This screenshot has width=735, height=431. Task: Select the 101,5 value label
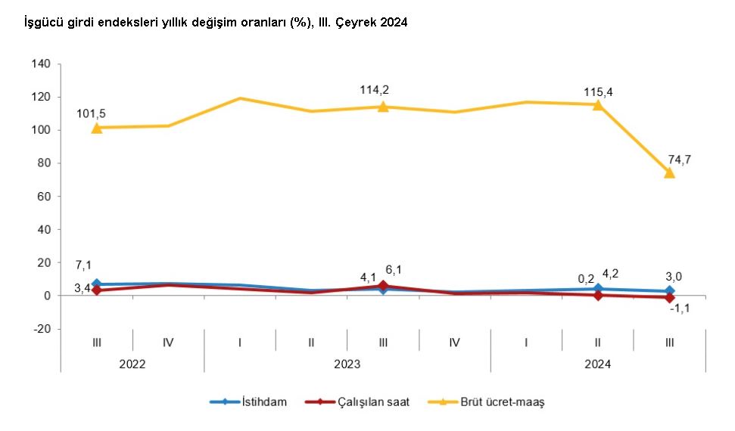92,113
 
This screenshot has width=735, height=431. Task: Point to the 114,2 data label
375,90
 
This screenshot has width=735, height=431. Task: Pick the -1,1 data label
671,309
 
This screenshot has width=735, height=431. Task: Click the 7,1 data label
84,265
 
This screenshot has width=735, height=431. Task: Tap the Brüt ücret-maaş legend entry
503,402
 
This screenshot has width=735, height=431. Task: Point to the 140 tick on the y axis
41,64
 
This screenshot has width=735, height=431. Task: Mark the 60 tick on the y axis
44,197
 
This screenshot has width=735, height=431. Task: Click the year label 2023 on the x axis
347,364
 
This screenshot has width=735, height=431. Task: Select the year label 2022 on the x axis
132,364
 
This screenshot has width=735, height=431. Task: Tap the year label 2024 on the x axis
598,364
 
